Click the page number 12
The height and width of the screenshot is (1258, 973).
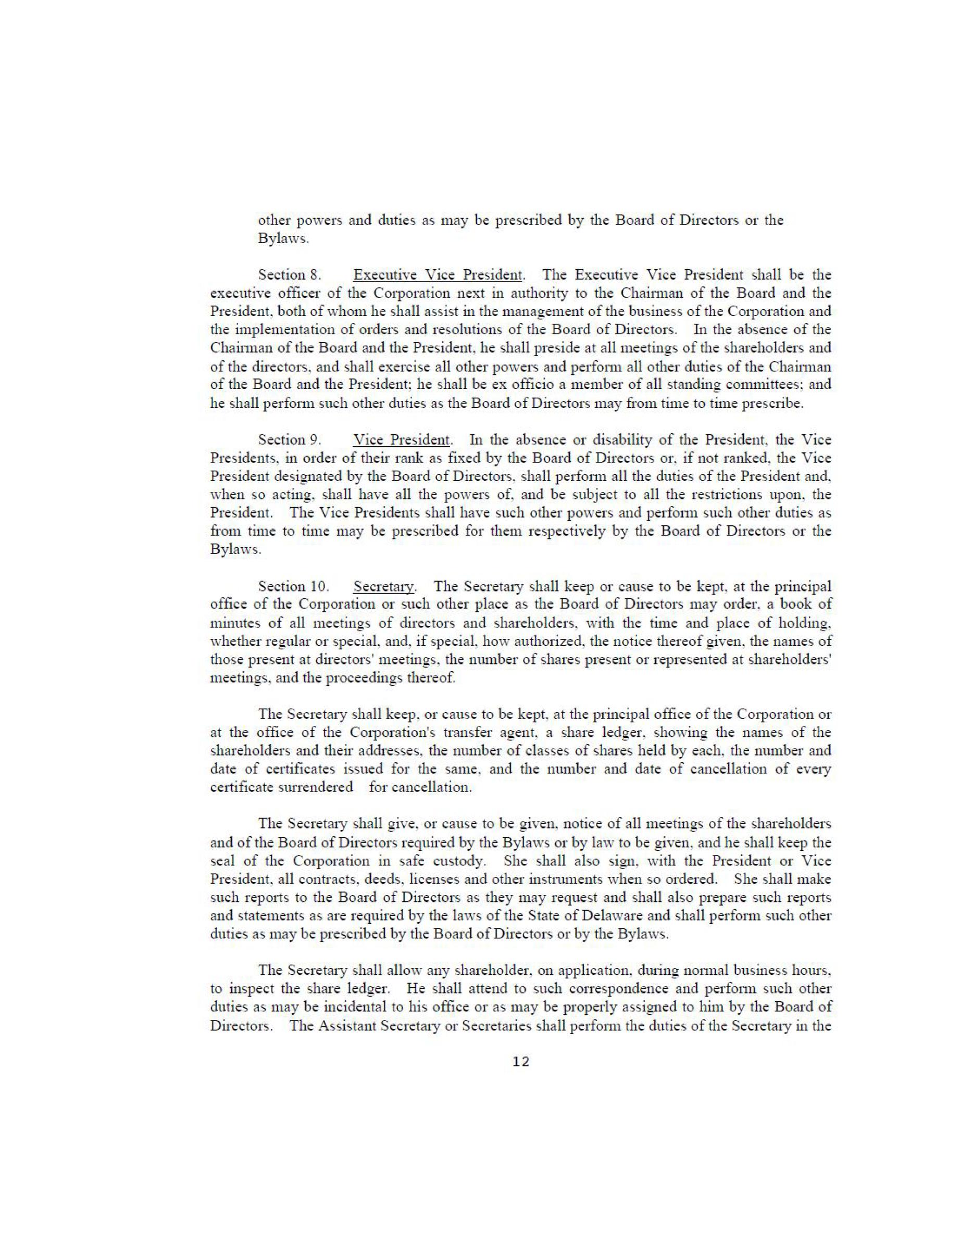coord(520,1062)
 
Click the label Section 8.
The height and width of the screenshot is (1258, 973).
coord(289,274)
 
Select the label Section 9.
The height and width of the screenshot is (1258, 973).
coord(289,439)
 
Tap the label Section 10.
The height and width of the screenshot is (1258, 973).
coord(293,586)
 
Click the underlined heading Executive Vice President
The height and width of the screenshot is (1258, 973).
coord(438,274)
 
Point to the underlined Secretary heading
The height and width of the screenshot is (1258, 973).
coord(384,586)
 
